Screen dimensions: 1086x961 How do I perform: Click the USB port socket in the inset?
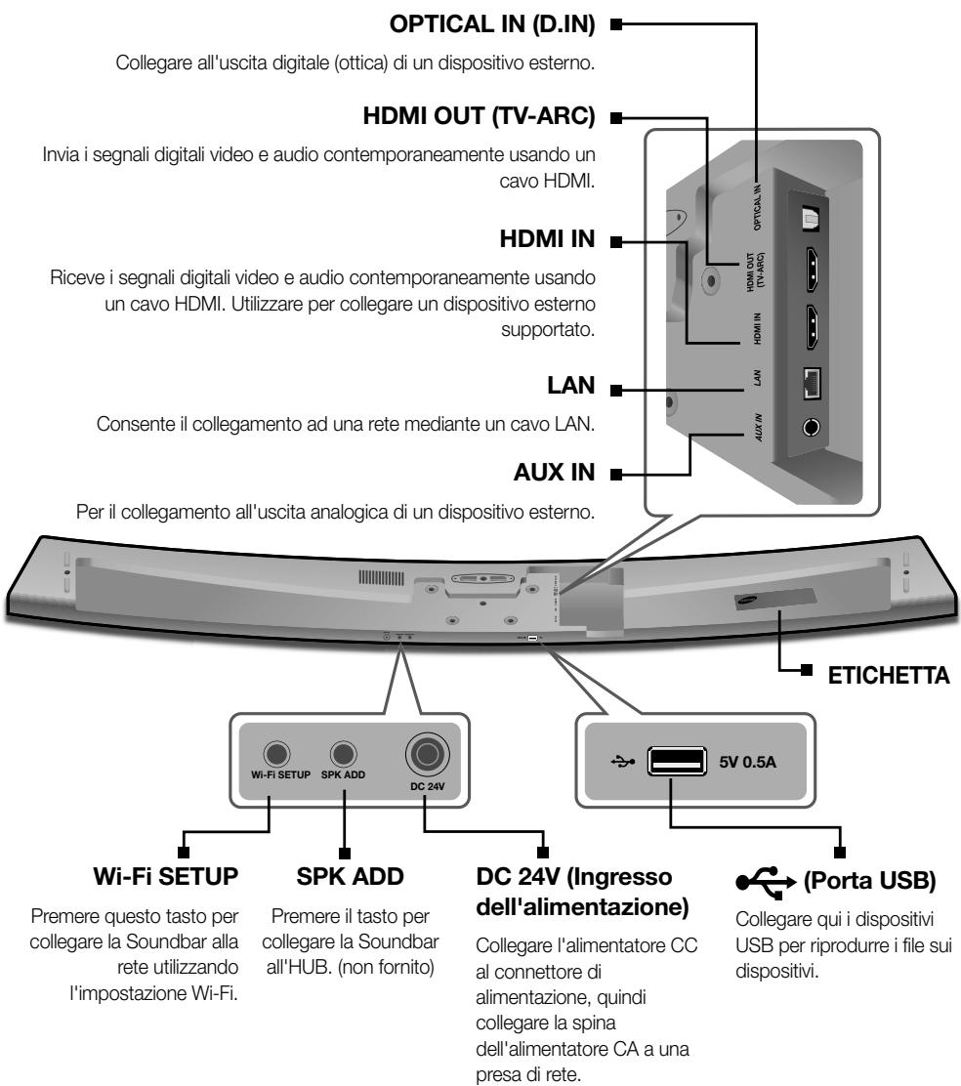pos(675,758)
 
